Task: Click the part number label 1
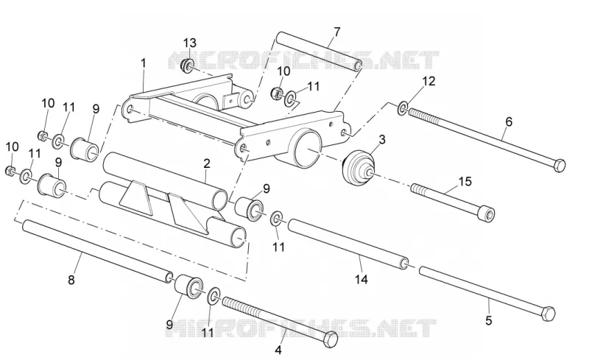[x=143, y=63]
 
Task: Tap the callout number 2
[x=207, y=164]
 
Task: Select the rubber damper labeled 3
[x=359, y=168]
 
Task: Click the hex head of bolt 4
[x=331, y=339]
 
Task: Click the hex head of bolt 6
[x=559, y=165]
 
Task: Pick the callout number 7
[x=336, y=32]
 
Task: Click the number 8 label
[x=71, y=280]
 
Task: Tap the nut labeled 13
[x=187, y=66]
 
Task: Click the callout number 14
[x=361, y=279]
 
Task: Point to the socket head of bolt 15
[x=487, y=215]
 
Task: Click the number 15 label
[x=465, y=182]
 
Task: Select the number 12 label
[x=428, y=81]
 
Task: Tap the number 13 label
[x=190, y=43]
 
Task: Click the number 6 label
[x=509, y=121]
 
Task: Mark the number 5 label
[x=489, y=320]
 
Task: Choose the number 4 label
[x=278, y=350]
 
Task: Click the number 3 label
[x=382, y=140]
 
